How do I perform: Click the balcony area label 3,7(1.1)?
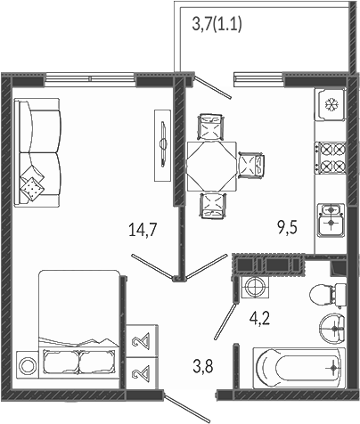click(217, 24)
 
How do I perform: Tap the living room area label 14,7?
click(143, 230)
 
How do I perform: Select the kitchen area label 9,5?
click(287, 228)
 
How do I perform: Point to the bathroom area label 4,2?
click(259, 319)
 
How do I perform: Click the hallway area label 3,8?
click(203, 366)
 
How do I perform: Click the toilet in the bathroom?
click(328, 295)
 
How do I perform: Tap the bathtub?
click(299, 368)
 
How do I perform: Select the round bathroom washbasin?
click(331, 329)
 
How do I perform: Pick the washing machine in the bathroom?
click(255, 287)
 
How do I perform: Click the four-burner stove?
click(331, 158)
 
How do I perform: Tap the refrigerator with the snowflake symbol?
click(331, 104)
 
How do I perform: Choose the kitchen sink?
click(331, 220)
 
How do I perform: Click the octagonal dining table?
click(211, 167)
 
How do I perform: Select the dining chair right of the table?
click(251, 165)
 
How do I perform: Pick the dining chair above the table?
click(211, 126)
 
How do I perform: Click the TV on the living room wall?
click(163, 145)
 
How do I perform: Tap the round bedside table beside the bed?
click(27, 364)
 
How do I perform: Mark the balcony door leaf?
click(212, 87)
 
